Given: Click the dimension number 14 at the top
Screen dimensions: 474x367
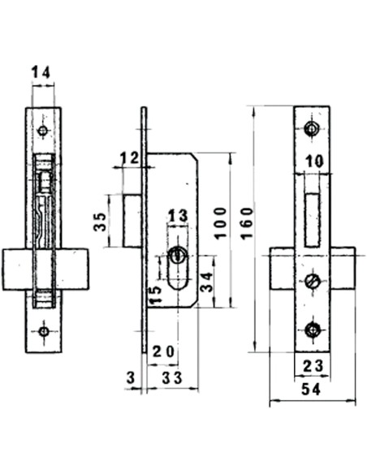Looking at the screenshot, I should [x=42, y=73].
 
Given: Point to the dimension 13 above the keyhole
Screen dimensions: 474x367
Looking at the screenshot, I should [x=177, y=215].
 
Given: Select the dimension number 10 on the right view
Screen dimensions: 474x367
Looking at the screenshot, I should [x=314, y=162].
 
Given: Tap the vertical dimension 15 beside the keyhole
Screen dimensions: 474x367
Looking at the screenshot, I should [x=154, y=294].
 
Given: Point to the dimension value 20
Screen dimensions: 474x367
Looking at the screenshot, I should [x=163, y=351].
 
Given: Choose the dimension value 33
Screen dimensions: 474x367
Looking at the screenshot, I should [x=171, y=377].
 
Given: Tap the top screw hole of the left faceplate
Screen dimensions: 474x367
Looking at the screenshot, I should [x=42, y=130].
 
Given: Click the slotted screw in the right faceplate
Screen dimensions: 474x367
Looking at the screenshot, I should [x=312, y=281].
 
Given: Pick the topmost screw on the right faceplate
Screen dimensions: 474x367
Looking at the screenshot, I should [x=312, y=129].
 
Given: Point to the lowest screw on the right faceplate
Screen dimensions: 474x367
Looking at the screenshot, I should [x=312, y=329].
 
